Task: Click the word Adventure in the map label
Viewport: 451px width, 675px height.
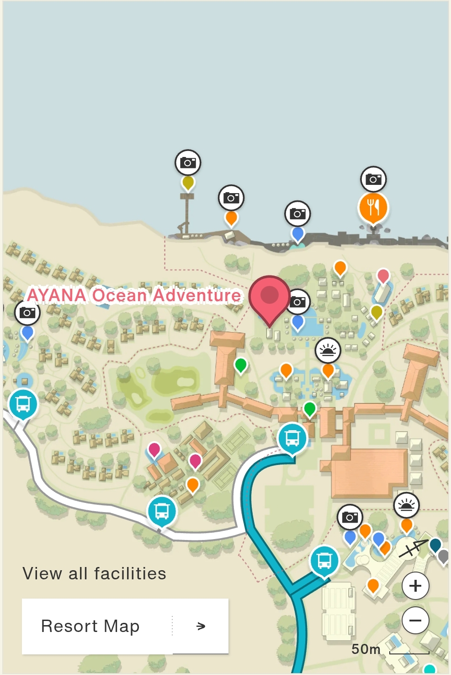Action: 197,295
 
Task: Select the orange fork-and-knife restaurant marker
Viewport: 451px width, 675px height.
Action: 373,208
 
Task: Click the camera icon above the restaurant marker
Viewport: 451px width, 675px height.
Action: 373,179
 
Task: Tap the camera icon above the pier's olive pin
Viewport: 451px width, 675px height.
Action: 188,162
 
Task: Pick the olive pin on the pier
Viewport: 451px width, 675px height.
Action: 188,183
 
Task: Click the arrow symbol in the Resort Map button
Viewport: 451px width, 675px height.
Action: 201,626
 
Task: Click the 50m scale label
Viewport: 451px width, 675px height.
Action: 366,649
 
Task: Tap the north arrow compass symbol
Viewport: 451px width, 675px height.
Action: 413,547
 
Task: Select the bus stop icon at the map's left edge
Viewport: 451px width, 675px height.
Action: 23,404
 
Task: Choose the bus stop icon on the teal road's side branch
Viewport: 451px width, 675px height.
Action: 324,560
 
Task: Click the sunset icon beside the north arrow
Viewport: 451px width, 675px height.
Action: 406,505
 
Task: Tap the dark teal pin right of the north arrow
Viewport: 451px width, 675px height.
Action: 435,545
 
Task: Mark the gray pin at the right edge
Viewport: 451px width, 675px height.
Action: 444,556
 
